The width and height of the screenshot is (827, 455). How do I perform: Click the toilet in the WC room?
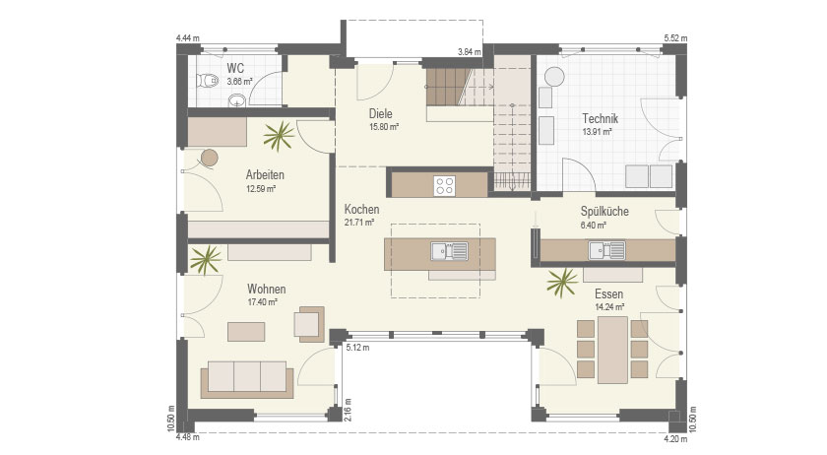[x=208, y=81]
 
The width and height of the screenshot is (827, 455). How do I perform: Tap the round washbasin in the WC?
[x=237, y=99]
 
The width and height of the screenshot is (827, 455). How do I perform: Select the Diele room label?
[x=380, y=113]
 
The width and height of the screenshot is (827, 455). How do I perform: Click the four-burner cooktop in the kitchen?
[x=445, y=186]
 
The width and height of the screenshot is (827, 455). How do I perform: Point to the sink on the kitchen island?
[x=449, y=251]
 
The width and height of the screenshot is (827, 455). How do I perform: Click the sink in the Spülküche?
[x=607, y=250]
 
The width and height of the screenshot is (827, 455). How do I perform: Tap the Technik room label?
[x=600, y=119]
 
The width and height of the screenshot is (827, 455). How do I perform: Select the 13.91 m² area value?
[x=597, y=132]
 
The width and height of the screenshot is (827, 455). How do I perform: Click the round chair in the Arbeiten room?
[x=210, y=158]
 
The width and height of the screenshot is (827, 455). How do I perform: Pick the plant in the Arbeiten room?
[x=279, y=136]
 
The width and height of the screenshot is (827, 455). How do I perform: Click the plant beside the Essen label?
[x=562, y=283]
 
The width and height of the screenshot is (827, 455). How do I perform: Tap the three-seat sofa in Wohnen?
[x=247, y=379]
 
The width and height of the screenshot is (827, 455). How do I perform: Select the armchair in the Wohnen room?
[x=309, y=323]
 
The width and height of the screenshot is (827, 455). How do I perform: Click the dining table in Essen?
[x=612, y=350]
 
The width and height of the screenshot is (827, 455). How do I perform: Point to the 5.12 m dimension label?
[x=357, y=348]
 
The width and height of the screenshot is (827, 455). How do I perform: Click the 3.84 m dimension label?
[x=469, y=52]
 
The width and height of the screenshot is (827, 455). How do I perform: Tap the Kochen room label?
[x=362, y=210]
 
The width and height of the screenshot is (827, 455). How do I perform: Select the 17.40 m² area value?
[x=263, y=302]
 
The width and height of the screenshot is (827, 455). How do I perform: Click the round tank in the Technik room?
[x=554, y=76]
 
